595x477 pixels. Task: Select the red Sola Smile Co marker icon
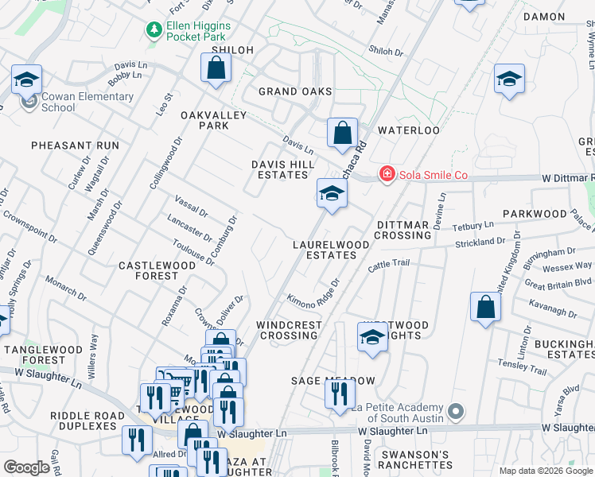click(387, 173)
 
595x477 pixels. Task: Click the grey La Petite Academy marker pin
click(455, 411)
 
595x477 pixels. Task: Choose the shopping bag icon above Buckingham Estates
click(485, 308)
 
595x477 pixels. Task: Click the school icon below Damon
click(509, 79)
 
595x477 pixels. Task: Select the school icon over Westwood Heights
click(372, 338)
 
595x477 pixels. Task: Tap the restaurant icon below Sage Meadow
click(340, 394)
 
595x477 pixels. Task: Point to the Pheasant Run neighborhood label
click(75, 145)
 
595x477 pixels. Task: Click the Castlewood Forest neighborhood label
click(150, 270)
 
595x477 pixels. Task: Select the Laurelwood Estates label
click(331, 250)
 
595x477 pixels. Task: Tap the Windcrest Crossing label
click(289, 330)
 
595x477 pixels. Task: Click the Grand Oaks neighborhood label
click(295, 91)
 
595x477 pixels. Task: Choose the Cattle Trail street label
click(388, 266)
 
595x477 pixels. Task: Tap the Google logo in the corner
click(26, 467)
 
